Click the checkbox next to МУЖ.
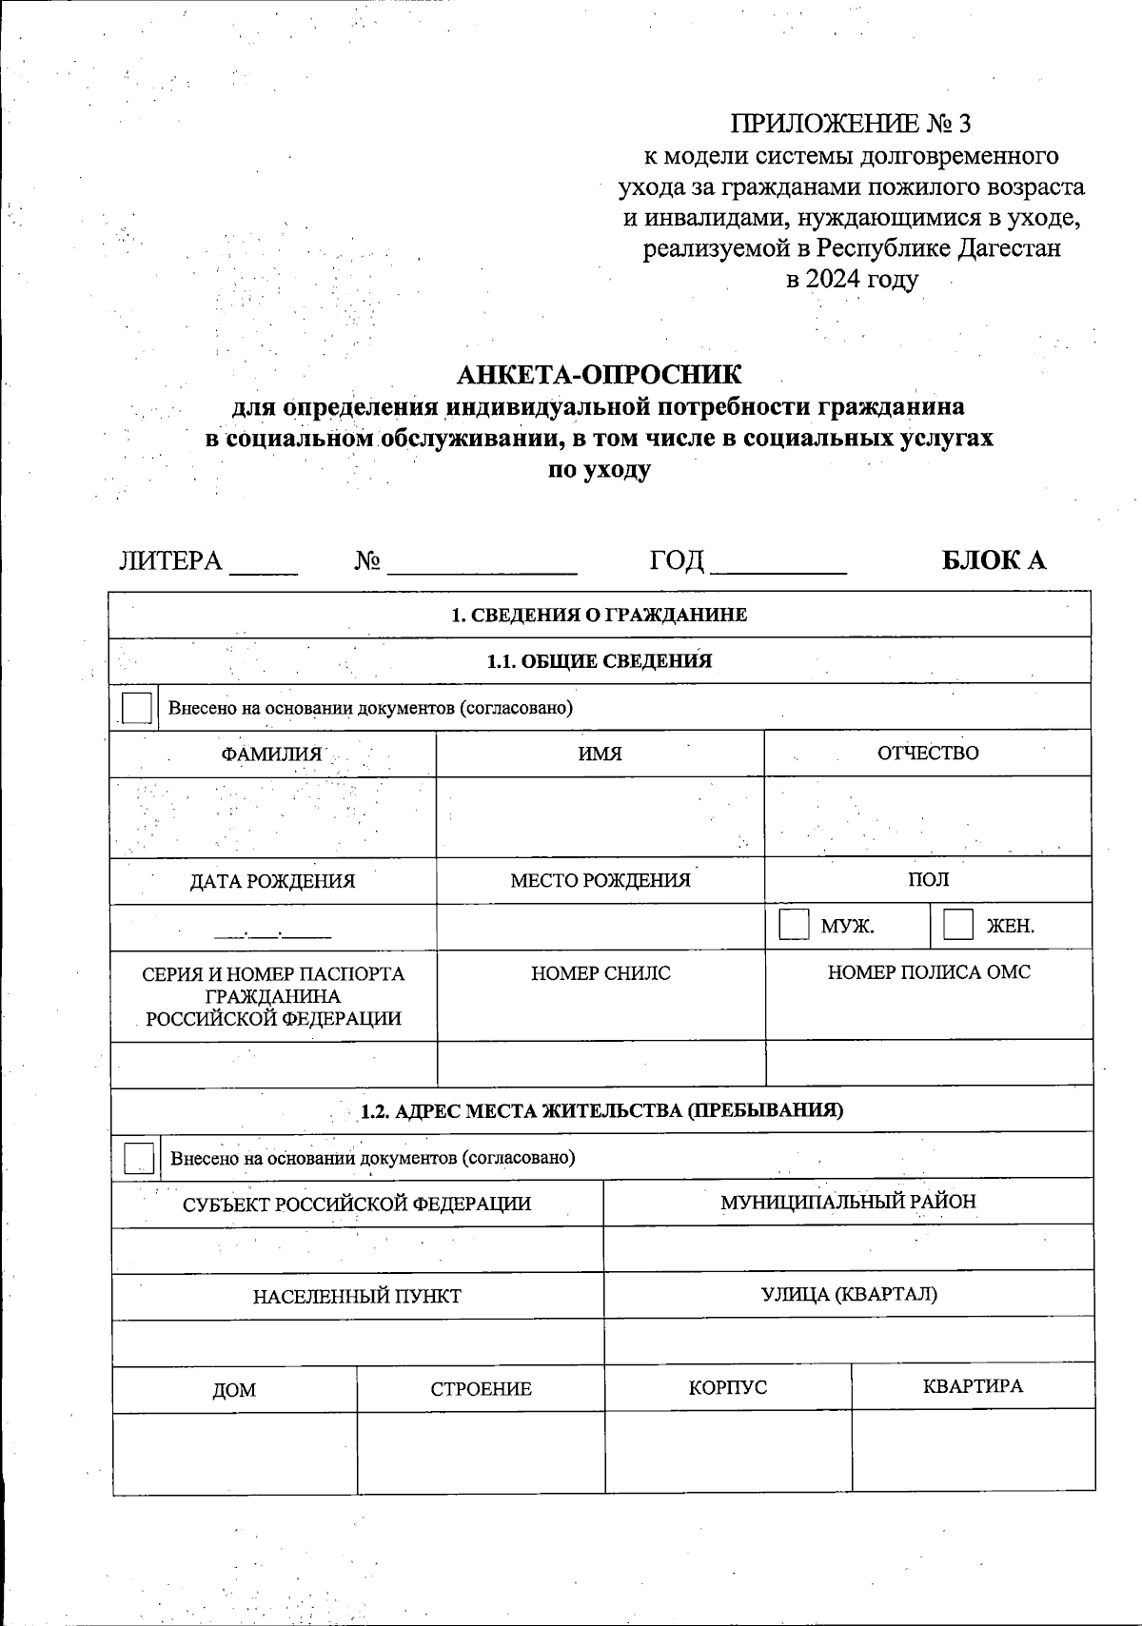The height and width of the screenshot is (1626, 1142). [794, 925]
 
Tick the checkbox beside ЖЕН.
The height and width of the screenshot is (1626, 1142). [957, 925]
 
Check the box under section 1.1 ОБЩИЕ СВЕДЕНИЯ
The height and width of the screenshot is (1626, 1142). [137, 709]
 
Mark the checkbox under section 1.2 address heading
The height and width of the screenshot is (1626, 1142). [139, 1158]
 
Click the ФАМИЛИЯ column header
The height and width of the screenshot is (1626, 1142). [272, 754]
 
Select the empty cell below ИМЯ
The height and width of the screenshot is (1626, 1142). [600, 817]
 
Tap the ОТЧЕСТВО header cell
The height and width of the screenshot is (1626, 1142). [928, 753]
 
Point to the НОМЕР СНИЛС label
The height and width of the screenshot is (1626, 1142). [601, 973]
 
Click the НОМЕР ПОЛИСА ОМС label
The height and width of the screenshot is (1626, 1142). [929, 972]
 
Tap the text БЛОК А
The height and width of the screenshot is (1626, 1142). [994, 559]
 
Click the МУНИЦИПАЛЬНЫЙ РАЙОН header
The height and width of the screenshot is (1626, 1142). [848, 1201]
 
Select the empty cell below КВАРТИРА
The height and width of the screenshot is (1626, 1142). [973, 1450]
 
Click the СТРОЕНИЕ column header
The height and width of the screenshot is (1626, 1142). [481, 1389]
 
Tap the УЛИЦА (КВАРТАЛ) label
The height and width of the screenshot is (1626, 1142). [849, 1294]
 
